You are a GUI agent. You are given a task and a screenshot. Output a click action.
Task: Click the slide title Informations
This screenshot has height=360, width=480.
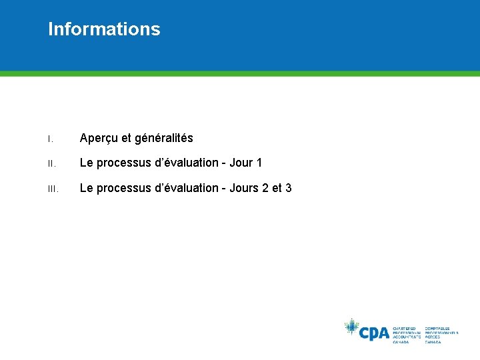104,29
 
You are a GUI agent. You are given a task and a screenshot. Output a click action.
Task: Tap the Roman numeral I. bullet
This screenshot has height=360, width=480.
49,139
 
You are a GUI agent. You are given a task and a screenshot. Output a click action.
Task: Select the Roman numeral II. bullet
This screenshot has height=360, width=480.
50,164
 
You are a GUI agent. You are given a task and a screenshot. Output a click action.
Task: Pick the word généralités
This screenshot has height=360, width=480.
164,139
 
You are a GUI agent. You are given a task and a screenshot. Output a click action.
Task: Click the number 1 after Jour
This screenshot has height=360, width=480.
259,163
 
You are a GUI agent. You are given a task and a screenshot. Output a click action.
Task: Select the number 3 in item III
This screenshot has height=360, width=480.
288,189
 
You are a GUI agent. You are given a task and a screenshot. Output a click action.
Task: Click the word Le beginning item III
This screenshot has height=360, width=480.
86,189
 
